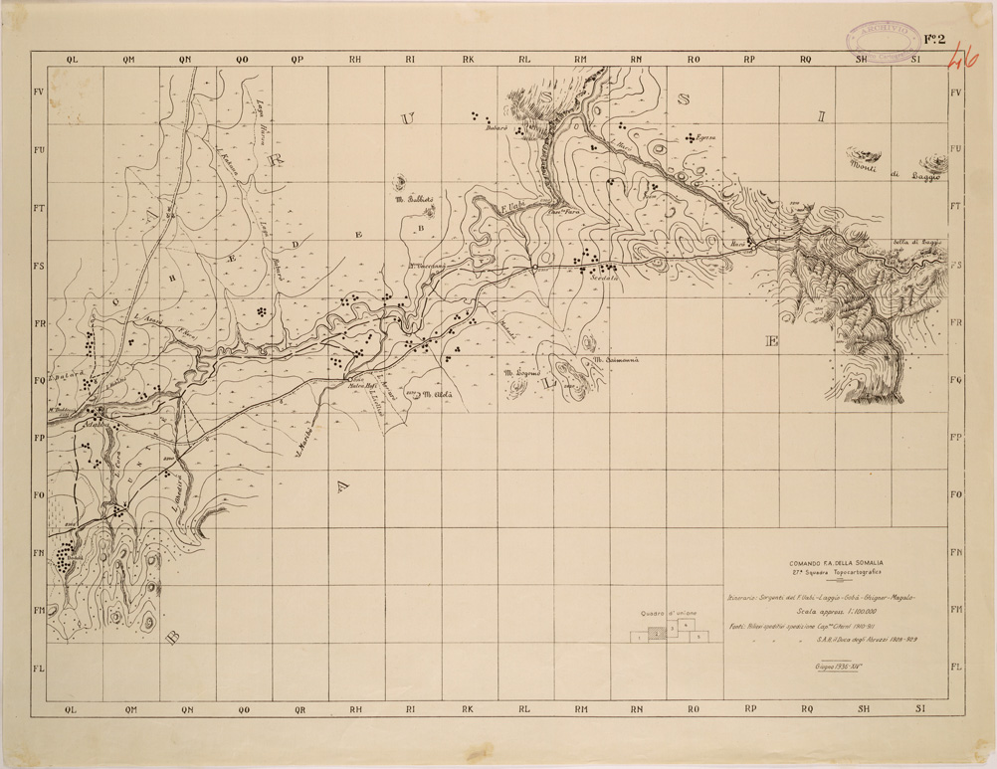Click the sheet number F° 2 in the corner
pos(933,40)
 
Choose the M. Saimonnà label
pos(614,360)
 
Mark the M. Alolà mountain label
pos(437,394)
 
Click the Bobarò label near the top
pos(498,126)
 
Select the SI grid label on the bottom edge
pos(920,707)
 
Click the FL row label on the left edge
pos(40,668)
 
